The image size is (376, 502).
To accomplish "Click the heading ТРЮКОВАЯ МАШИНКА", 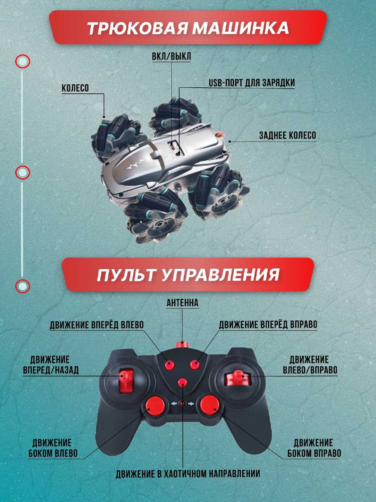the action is (x=188, y=28).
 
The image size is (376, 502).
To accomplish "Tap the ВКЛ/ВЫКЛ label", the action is (x=171, y=56).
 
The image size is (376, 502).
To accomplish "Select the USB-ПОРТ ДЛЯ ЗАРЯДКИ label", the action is (x=252, y=83).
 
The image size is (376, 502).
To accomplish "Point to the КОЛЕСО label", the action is (x=75, y=88).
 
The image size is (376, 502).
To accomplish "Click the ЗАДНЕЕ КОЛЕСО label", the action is (x=288, y=136).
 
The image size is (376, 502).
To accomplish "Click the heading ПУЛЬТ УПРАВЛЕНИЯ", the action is (x=188, y=274).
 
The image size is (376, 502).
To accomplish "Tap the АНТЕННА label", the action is (x=182, y=303).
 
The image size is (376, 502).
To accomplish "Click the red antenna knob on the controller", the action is (x=182, y=345).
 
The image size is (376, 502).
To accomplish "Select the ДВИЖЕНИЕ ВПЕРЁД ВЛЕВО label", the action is (x=97, y=325).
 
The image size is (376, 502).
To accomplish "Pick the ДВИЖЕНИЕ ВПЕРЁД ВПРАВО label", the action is (x=268, y=324).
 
